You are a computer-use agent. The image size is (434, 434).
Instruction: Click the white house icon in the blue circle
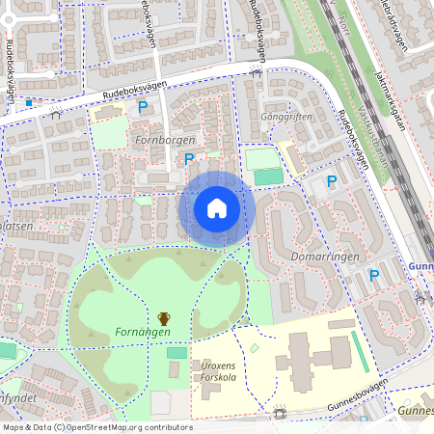[x=217, y=207]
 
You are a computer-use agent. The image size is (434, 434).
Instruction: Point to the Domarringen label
[x=325, y=258]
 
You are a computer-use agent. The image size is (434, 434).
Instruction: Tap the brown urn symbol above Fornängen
[x=164, y=317]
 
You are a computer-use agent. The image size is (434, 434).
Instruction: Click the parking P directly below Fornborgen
[x=189, y=159]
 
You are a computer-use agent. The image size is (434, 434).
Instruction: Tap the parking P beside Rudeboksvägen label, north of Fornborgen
[x=143, y=107]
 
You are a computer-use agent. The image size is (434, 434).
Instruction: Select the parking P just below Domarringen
[x=373, y=276]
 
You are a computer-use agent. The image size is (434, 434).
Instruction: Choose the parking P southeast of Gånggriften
[x=332, y=180]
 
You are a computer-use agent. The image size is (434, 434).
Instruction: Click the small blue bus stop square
[x=29, y=101]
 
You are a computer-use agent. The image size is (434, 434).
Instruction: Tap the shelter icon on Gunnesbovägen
[x=280, y=413]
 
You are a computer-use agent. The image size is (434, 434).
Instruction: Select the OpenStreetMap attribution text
[x=96, y=426]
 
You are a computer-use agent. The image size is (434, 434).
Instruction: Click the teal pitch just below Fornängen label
[x=176, y=353]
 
